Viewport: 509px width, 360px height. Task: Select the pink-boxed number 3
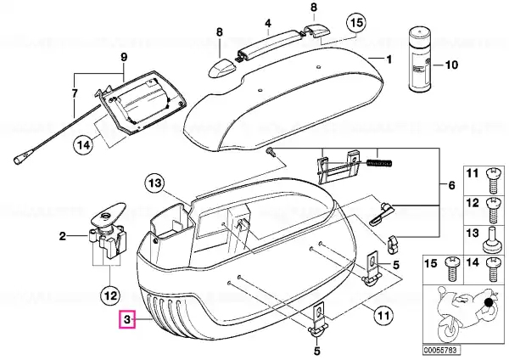click(x=127, y=319)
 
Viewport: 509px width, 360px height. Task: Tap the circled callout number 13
click(x=155, y=183)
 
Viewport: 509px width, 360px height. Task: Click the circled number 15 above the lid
click(x=356, y=23)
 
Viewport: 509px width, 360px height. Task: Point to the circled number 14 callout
click(x=84, y=144)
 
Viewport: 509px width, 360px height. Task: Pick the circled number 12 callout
click(x=110, y=295)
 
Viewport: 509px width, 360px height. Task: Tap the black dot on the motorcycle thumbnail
click(x=489, y=303)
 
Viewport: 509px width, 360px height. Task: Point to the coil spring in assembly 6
click(x=379, y=162)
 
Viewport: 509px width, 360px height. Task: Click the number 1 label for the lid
click(x=389, y=59)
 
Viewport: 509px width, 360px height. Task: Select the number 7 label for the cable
click(x=75, y=94)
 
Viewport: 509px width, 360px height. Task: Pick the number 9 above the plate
click(x=124, y=58)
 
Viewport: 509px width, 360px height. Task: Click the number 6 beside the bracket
click(x=451, y=186)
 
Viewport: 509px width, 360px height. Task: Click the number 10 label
click(x=451, y=65)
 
